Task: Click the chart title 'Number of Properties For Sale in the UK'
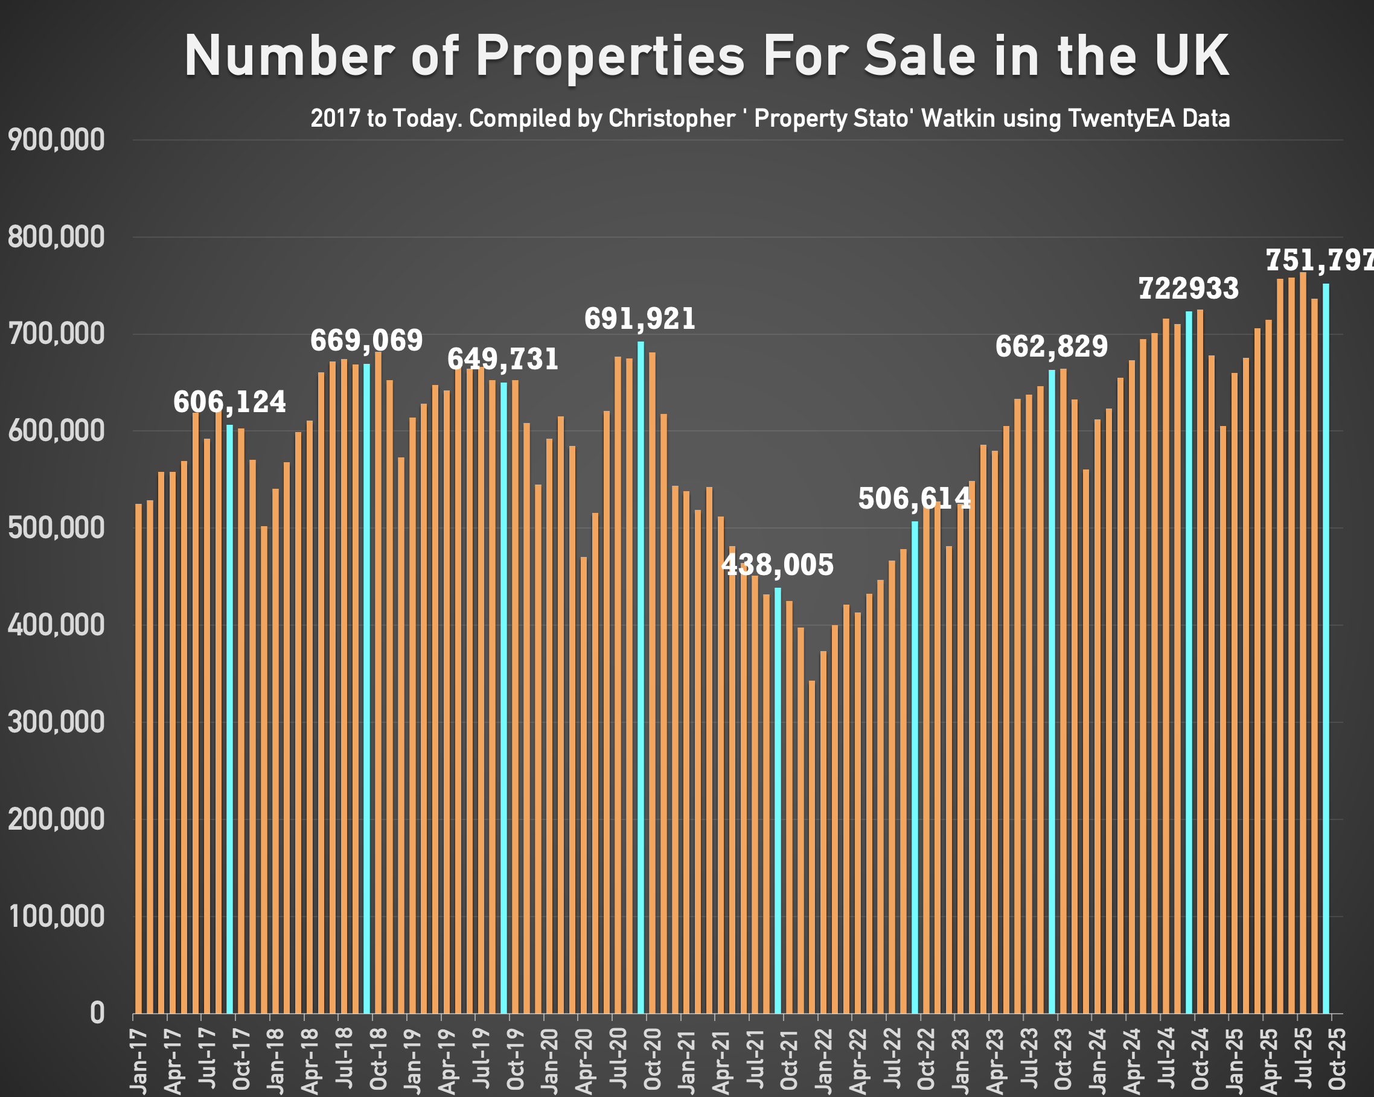(706, 56)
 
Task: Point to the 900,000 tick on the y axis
(56, 140)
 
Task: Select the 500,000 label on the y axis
(56, 528)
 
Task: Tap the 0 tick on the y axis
(97, 1013)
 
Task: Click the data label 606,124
(229, 402)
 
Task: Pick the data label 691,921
(640, 319)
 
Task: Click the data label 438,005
(777, 565)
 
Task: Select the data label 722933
(1189, 288)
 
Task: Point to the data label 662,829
(1052, 346)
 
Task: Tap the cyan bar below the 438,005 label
(778, 797)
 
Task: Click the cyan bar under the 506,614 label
(915, 765)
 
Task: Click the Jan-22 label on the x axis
(823, 1058)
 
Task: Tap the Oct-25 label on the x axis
(1338, 1058)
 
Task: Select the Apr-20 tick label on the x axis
(584, 1058)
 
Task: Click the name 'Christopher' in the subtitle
(672, 118)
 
